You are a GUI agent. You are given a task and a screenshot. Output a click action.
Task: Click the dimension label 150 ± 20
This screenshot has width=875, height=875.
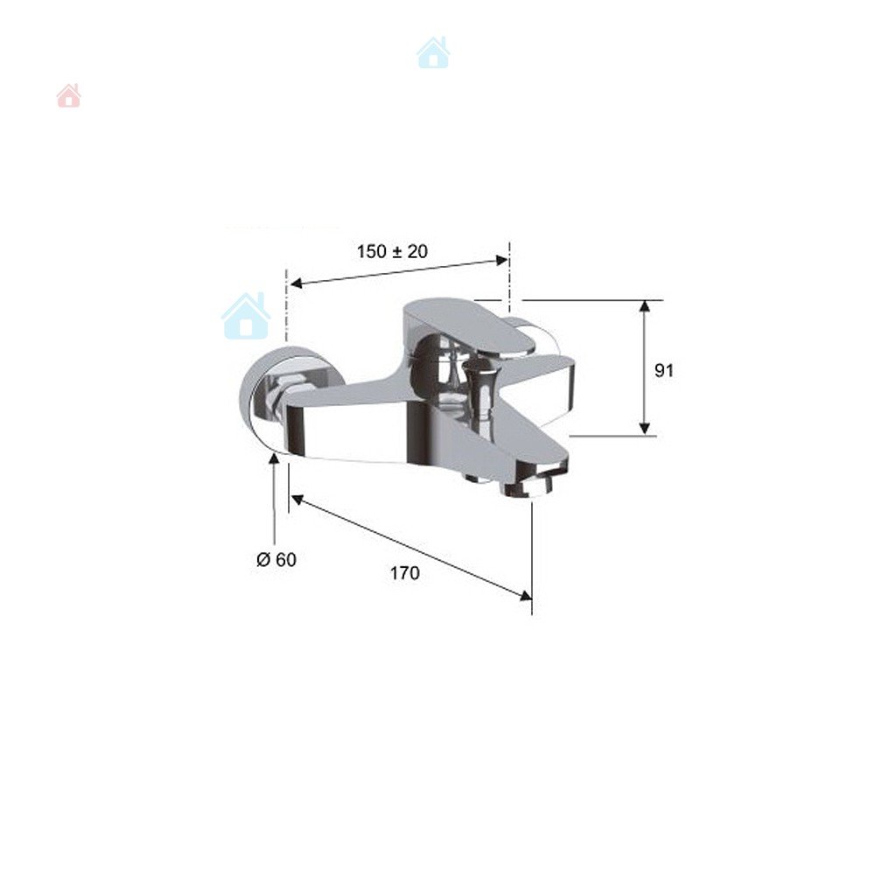392,252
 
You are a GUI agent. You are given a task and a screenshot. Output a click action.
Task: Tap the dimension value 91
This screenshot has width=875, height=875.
664,370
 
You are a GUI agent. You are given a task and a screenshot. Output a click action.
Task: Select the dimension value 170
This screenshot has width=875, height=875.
404,573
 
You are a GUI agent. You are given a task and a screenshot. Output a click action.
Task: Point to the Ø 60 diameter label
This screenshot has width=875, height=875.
276,560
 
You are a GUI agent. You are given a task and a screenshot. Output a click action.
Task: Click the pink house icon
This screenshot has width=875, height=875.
68,95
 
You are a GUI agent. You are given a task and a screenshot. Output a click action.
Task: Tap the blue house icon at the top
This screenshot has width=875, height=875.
433,53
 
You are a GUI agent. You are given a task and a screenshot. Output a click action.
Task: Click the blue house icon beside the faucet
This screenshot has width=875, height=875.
246,316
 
